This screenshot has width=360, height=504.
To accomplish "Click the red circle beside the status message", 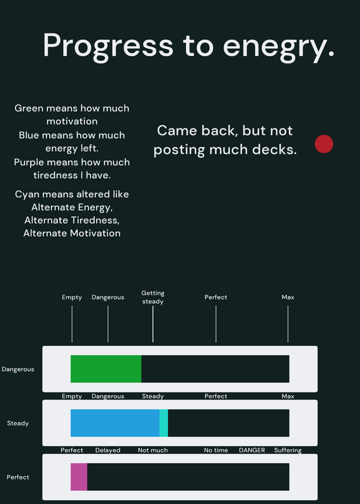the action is coord(323,144).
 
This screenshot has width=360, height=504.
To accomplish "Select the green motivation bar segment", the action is coord(106,369).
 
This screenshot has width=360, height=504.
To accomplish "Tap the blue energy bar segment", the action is coord(115,423).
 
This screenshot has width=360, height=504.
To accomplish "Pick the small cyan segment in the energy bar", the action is coord(164,423).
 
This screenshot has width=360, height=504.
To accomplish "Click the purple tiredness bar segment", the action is coord(79,477).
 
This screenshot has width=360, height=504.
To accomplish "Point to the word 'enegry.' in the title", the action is coord(279,45).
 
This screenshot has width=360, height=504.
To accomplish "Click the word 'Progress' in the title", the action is coord(108,45).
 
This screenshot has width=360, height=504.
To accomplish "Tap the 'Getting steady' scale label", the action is coord(153,297).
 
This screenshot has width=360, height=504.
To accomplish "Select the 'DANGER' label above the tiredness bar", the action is coord(252,450).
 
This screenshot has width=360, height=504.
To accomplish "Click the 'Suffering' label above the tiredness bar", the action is coord(288,450).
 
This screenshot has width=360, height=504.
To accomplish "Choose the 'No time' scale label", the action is coord(216,450).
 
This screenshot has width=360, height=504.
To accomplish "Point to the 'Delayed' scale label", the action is coord(108,450).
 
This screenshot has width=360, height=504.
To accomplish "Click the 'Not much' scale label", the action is coord(153,450).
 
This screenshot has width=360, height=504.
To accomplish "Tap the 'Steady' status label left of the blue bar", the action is coord(18,423).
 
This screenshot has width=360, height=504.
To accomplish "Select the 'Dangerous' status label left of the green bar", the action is coord(18,369).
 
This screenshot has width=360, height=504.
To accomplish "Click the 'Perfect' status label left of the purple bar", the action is coord(18,477).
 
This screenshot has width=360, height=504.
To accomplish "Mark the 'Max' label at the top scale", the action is coord(288,297).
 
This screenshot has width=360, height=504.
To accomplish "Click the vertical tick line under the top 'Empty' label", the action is coord(72,324).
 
